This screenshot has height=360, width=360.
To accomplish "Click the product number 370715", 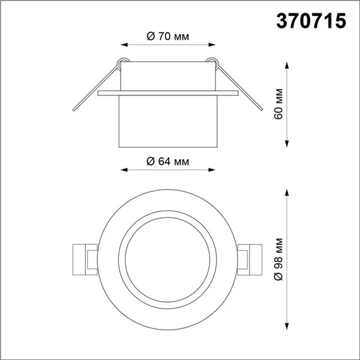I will pos(311,21).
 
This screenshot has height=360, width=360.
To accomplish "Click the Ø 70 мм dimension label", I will pos(167,37).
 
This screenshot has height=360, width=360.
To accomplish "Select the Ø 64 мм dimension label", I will pos(167,161).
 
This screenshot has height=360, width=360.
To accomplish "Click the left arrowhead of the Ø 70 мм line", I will pos(123,45).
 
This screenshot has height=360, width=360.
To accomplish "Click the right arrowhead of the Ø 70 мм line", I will pos(213,45).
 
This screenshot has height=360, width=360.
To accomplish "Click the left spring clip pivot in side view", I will pos(123,62).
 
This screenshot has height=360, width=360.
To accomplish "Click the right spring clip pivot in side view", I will pos(213,62).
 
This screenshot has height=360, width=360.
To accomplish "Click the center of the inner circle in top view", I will pos(167,260).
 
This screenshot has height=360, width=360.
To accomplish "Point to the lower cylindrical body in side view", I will pos(167,123).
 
